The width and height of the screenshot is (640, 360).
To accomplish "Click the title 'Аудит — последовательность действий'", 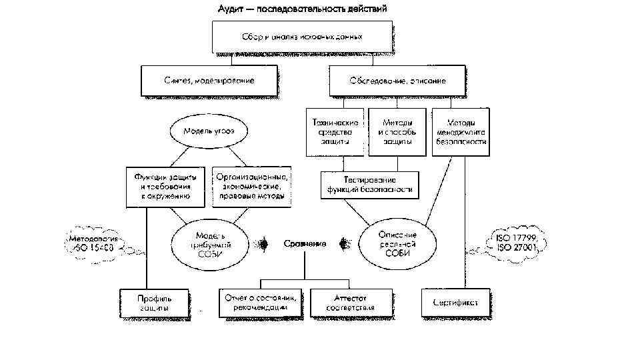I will click(x=303, y=9).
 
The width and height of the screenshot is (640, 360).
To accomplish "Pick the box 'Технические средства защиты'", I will click(x=335, y=132).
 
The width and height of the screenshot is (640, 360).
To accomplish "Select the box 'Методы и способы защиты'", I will click(x=397, y=132).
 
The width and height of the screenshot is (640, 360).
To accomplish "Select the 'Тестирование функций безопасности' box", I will click(x=370, y=185).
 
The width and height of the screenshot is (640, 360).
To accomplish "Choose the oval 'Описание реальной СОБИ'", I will click(x=397, y=243).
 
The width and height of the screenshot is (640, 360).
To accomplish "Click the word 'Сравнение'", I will click(x=304, y=245).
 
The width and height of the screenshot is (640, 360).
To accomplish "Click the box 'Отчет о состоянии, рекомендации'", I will click(x=261, y=303).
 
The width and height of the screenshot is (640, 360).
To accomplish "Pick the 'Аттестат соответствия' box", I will click(x=351, y=303).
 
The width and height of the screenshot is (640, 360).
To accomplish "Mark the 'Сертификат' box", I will click(x=455, y=303).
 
